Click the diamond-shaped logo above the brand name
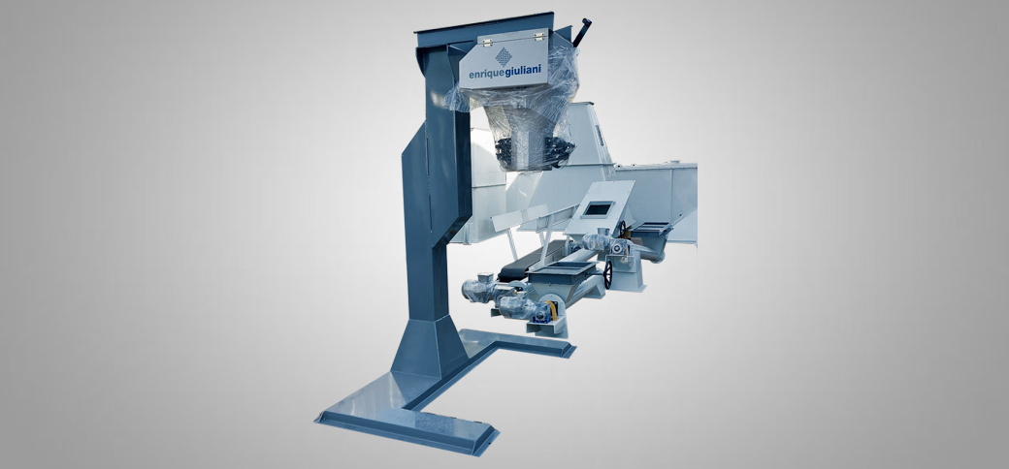tap(504, 56)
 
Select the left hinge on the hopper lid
tap(487, 41)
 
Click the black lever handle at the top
tap(582, 32)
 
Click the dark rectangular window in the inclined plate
tap(598, 208)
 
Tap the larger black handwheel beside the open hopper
tap(607, 274)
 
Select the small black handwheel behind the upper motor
tap(622, 229)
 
